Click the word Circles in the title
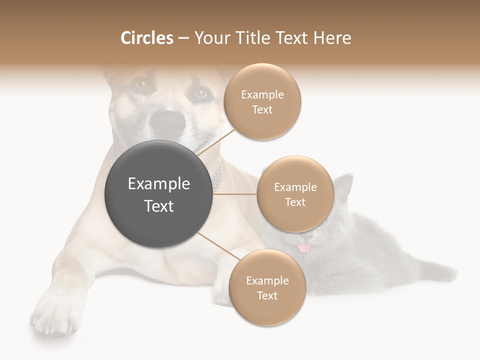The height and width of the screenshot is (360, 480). pyautogui.click(x=147, y=38)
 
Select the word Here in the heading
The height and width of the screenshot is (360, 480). pyautogui.click(x=332, y=38)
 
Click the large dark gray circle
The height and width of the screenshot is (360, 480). pyautogui.click(x=158, y=194)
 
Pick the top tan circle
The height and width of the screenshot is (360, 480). pyautogui.click(x=262, y=102)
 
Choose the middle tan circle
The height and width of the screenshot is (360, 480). pyautogui.click(x=295, y=194)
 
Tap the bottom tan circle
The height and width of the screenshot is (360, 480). pyautogui.click(x=267, y=288)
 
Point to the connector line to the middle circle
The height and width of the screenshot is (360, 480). pyautogui.click(x=234, y=194)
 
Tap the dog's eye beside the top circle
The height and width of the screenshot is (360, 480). pyautogui.click(x=201, y=93)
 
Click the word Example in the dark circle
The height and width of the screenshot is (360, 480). pyautogui.click(x=158, y=184)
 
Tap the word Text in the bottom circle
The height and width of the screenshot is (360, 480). pyautogui.click(x=267, y=296)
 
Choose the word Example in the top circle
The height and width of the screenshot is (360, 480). pyautogui.click(x=262, y=95)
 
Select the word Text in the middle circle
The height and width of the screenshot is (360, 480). pyautogui.click(x=295, y=202)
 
